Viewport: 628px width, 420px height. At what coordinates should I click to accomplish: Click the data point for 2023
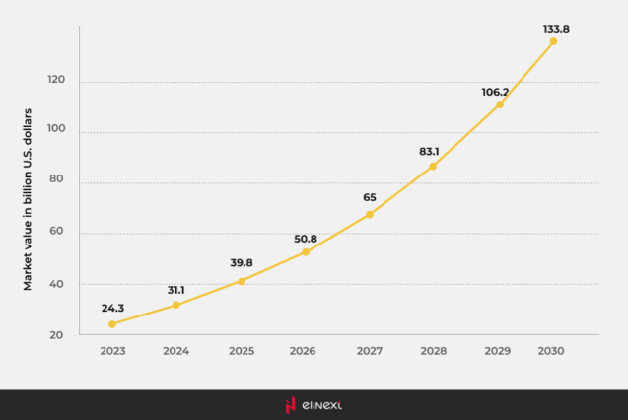pyautogui.click(x=111, y=324)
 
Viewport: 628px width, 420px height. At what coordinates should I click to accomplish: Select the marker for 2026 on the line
pyautogui.click(x=305, y=252)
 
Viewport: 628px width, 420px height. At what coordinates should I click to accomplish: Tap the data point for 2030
pyautogui.click(x=553, y=41)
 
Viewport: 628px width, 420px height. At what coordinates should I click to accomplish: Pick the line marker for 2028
pyautogui.click(x=433, y=166)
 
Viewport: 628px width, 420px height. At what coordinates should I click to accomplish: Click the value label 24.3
pyautogui.click(x=112, y=308)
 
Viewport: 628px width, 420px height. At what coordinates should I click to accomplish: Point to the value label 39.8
pyautogui.click(x=241, y=263)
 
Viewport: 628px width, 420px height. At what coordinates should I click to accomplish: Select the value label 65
pyautogui.click(x=370, y=197)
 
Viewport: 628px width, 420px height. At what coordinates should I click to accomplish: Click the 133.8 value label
pyautogui.click(x=556, y=29)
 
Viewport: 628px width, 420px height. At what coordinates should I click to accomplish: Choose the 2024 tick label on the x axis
pyautogui.click(x=176, y=351)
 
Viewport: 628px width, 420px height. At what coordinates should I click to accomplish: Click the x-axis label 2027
pyautogui.click(x=370, y=351)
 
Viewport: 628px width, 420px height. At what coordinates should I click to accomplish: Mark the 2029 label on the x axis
pyautogui.click(x=499, y=351)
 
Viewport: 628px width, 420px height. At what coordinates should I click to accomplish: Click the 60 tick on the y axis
pyautogui.click(x=57, y=234)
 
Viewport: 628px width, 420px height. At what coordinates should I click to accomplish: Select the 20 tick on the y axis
pyautogui.click(x=57, y=335)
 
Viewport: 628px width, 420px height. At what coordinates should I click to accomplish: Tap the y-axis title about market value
pyautogui.click(x=29, y=199)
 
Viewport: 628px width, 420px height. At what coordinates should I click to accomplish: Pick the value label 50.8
pyautogui.click(x=306, y=239)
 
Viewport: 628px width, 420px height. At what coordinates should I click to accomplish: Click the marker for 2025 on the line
pyautogui.click(x=241, y=281)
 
